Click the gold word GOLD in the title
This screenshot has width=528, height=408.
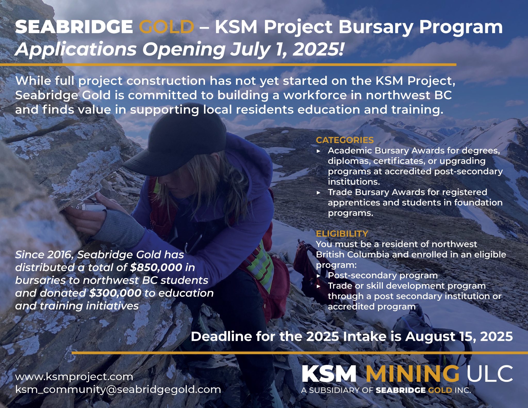tap(166, 27)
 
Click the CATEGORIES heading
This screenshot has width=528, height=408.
tap(345, 140)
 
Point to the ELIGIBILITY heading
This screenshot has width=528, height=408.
tap(342, 234)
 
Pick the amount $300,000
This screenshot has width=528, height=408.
tap(115, 293)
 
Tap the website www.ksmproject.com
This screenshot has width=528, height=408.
tap(74, 377)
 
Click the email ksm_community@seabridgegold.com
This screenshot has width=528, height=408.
tap(118, 389)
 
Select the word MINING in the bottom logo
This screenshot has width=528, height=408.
tap(412, 374)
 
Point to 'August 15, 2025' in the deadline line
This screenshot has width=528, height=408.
tap(459, 337)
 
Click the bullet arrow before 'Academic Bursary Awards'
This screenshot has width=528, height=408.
tap(319, 151)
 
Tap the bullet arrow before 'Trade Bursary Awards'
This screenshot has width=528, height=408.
tap(319, 193)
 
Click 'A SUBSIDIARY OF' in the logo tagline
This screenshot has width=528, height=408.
tap(337, 390)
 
